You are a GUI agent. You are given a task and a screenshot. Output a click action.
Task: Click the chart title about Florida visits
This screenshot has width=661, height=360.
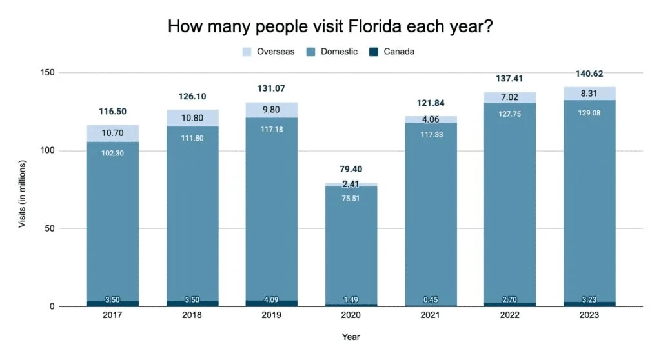tap(331, 26)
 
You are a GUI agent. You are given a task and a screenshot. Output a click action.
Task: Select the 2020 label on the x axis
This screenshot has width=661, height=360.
tap(351, 315)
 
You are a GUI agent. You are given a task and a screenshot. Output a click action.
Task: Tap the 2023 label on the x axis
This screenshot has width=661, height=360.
tap(589, 315)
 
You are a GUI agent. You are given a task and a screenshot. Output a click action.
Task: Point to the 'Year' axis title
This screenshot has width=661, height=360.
tap(351, 336)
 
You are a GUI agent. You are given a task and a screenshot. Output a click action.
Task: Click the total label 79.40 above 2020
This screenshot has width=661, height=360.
tap(351, 169)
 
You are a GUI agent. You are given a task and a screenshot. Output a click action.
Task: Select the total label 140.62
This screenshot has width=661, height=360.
tap(589, 74)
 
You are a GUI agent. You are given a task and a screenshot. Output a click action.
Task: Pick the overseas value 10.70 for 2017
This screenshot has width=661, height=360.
tap(113, 134)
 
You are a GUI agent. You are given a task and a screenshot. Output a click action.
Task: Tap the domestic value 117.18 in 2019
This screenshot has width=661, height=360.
tap(271, 129)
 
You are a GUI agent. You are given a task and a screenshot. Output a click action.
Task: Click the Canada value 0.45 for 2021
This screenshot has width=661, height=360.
tap(430, 300)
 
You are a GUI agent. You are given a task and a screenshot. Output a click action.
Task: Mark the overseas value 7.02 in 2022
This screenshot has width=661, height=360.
tap(509, 98)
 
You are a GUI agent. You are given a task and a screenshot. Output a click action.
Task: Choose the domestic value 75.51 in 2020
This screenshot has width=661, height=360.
tap(351, 199)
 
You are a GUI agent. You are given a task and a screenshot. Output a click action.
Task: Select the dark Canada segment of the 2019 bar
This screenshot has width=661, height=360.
tap(271, 303)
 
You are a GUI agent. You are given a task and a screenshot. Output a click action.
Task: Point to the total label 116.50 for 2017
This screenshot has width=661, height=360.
tap(113, 112)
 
